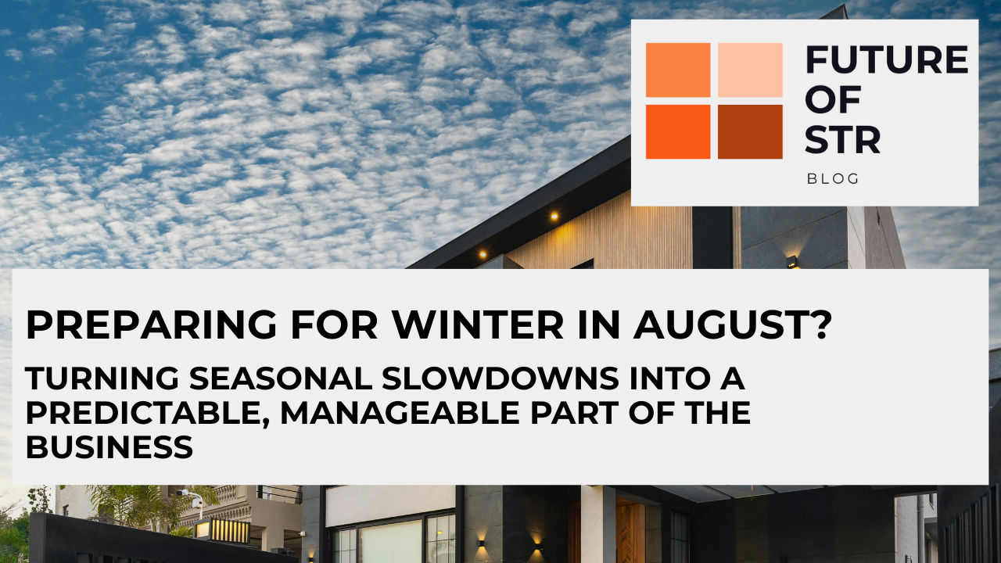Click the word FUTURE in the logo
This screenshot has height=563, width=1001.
click(x=886, y=59)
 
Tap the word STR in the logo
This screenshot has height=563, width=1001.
click(x=843, y=139)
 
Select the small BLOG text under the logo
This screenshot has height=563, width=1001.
click(x=833, y=179)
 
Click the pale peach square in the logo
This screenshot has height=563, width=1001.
click(x=750, y=70)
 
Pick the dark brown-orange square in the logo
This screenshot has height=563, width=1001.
click(x=750, y=131)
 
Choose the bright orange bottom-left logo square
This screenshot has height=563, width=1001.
click(x=678, y=131)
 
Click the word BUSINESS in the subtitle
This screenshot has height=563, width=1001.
click(x=109, y=447)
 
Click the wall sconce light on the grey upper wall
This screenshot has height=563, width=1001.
click(x=792, y=262)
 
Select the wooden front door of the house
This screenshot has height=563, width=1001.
click(x=630, y=532)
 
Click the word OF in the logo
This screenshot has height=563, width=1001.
click(x=833, y=99)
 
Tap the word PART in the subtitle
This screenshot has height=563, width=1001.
click(x=572, y=413)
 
